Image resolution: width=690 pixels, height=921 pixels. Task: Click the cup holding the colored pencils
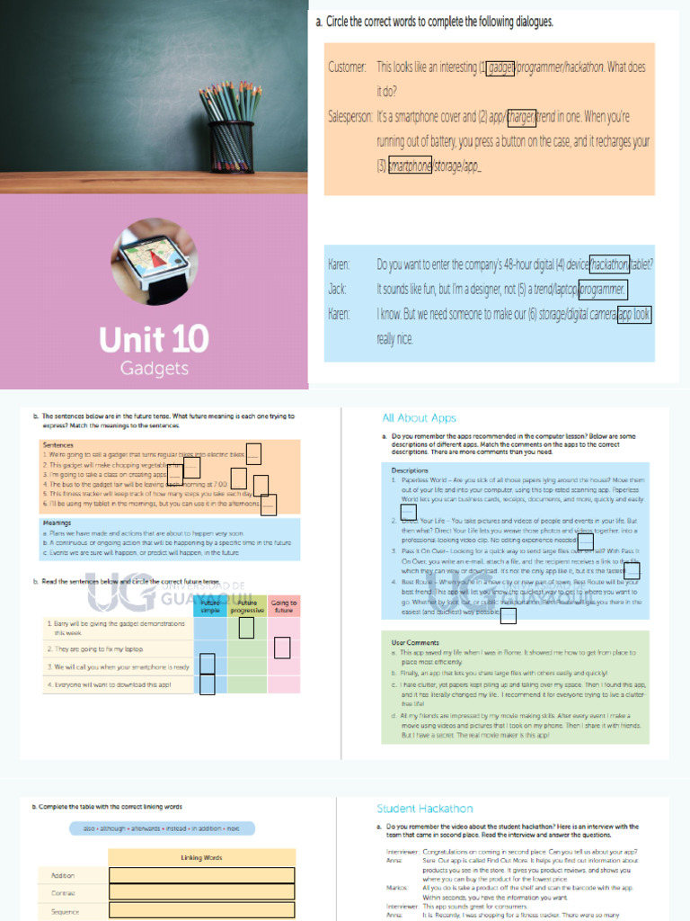[232, 146]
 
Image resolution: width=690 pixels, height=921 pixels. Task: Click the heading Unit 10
[154, 339]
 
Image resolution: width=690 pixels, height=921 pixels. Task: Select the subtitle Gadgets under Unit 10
[154, 369]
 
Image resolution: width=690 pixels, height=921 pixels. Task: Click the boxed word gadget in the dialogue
[500, 67]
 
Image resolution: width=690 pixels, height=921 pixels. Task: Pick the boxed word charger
[521, 117]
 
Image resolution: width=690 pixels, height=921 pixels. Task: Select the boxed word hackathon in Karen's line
[609, 264]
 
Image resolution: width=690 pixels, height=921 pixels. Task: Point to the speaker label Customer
[347, 67]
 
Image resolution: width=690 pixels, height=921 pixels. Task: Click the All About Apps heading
[419, 418]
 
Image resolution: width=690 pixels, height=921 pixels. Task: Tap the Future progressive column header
[246, 606]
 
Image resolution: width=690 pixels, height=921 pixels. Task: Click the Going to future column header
[283, 606]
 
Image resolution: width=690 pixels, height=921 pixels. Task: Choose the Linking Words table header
[200, 857]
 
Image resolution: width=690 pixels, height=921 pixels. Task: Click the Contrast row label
[64, 893]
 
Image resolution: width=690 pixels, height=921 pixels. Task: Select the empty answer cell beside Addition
[201, 875]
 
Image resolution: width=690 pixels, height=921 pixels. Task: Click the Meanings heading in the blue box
[57, 523]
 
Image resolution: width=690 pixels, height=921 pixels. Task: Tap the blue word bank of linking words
[162, 828]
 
